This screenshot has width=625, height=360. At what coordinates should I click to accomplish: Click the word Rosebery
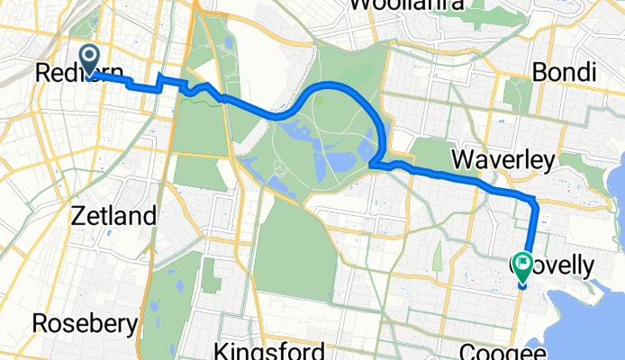point(86,322)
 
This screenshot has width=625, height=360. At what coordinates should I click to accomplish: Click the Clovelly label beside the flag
point(569,265)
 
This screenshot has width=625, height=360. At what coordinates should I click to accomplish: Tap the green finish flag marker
point(523,264)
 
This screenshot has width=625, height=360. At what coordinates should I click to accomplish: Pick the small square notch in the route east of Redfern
point(163,82)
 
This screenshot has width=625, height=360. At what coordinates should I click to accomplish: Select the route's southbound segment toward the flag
point(531,234)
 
